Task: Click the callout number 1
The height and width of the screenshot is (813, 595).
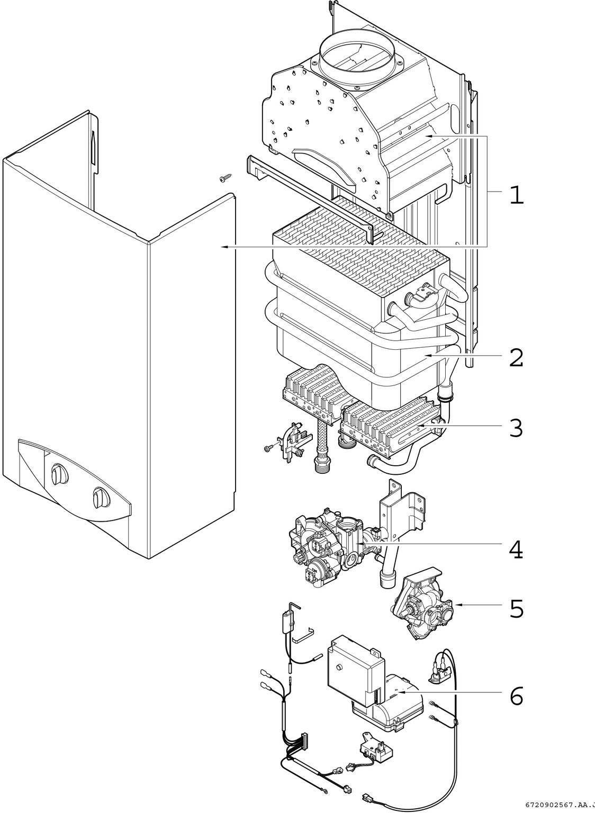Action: pos(516,195)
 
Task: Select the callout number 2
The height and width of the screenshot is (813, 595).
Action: pos(516,358)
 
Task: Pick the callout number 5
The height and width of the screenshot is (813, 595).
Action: pos(517,609)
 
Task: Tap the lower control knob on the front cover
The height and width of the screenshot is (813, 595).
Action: pos(100,498)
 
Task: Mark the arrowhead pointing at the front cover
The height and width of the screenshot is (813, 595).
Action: pos(224,247)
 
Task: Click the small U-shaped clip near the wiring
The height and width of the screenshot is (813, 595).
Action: pos(302,635)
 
